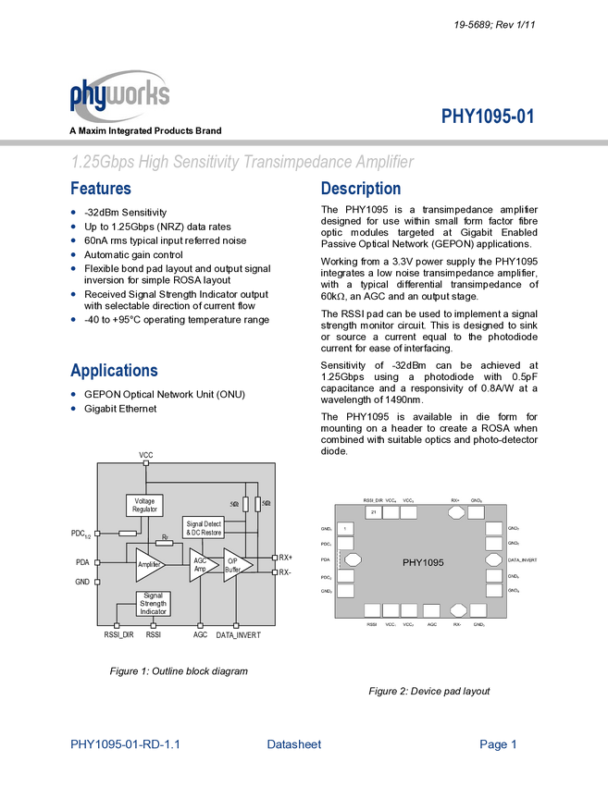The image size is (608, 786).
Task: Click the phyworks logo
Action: click(x=119, y=95)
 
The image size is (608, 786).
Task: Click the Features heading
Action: click(x=101, y=190)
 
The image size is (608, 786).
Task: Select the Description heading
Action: click(x=361, y=190)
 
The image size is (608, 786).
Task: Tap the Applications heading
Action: click(x=114, y=371)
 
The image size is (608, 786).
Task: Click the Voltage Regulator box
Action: click(x=144, y=505)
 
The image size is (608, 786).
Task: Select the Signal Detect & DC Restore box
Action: click(x=204, y=528)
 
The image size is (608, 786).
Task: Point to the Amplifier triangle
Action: click(x=148, y=564)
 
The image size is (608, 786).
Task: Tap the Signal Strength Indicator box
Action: click(x=154, y=603)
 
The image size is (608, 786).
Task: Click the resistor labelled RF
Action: click(x=164, y=542)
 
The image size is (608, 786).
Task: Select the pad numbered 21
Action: click(x=373, y=511)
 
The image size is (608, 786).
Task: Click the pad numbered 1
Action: click(x=345, y=528)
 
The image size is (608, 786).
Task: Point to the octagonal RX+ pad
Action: click(x=456, y=511)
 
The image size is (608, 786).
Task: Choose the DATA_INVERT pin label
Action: click(x=523, y=560)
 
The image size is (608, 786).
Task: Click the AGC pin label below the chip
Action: click(x=431, y=625)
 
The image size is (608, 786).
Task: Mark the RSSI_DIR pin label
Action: click(x=372, y=500)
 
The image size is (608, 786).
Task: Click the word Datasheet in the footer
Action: click(x=294, y=743)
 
